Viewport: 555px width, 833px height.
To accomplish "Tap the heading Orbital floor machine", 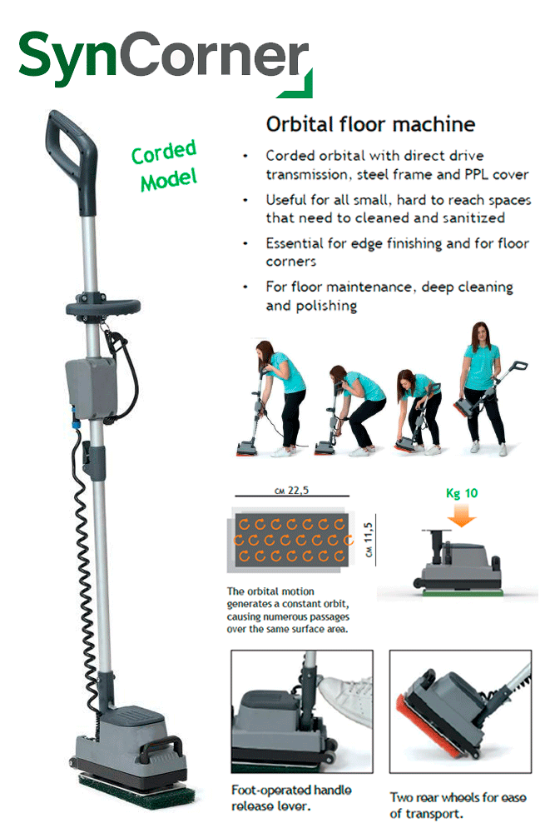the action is (x=370, y=124).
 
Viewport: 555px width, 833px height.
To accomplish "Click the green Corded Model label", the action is (x=165, y=165).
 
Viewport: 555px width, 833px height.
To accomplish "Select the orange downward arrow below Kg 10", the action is (x=462, y=514).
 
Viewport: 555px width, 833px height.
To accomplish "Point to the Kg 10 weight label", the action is (x=462, y=493).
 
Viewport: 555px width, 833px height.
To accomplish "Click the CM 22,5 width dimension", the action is (x=291, y=491).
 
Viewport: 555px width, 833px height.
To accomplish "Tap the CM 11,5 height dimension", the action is (x=369, y=540).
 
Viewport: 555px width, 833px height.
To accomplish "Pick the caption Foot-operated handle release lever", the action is (x=291, y=798).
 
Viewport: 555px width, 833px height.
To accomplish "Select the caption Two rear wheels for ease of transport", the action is (x=458, y=806).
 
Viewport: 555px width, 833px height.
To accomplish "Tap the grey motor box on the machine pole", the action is (x=91, y=389).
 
